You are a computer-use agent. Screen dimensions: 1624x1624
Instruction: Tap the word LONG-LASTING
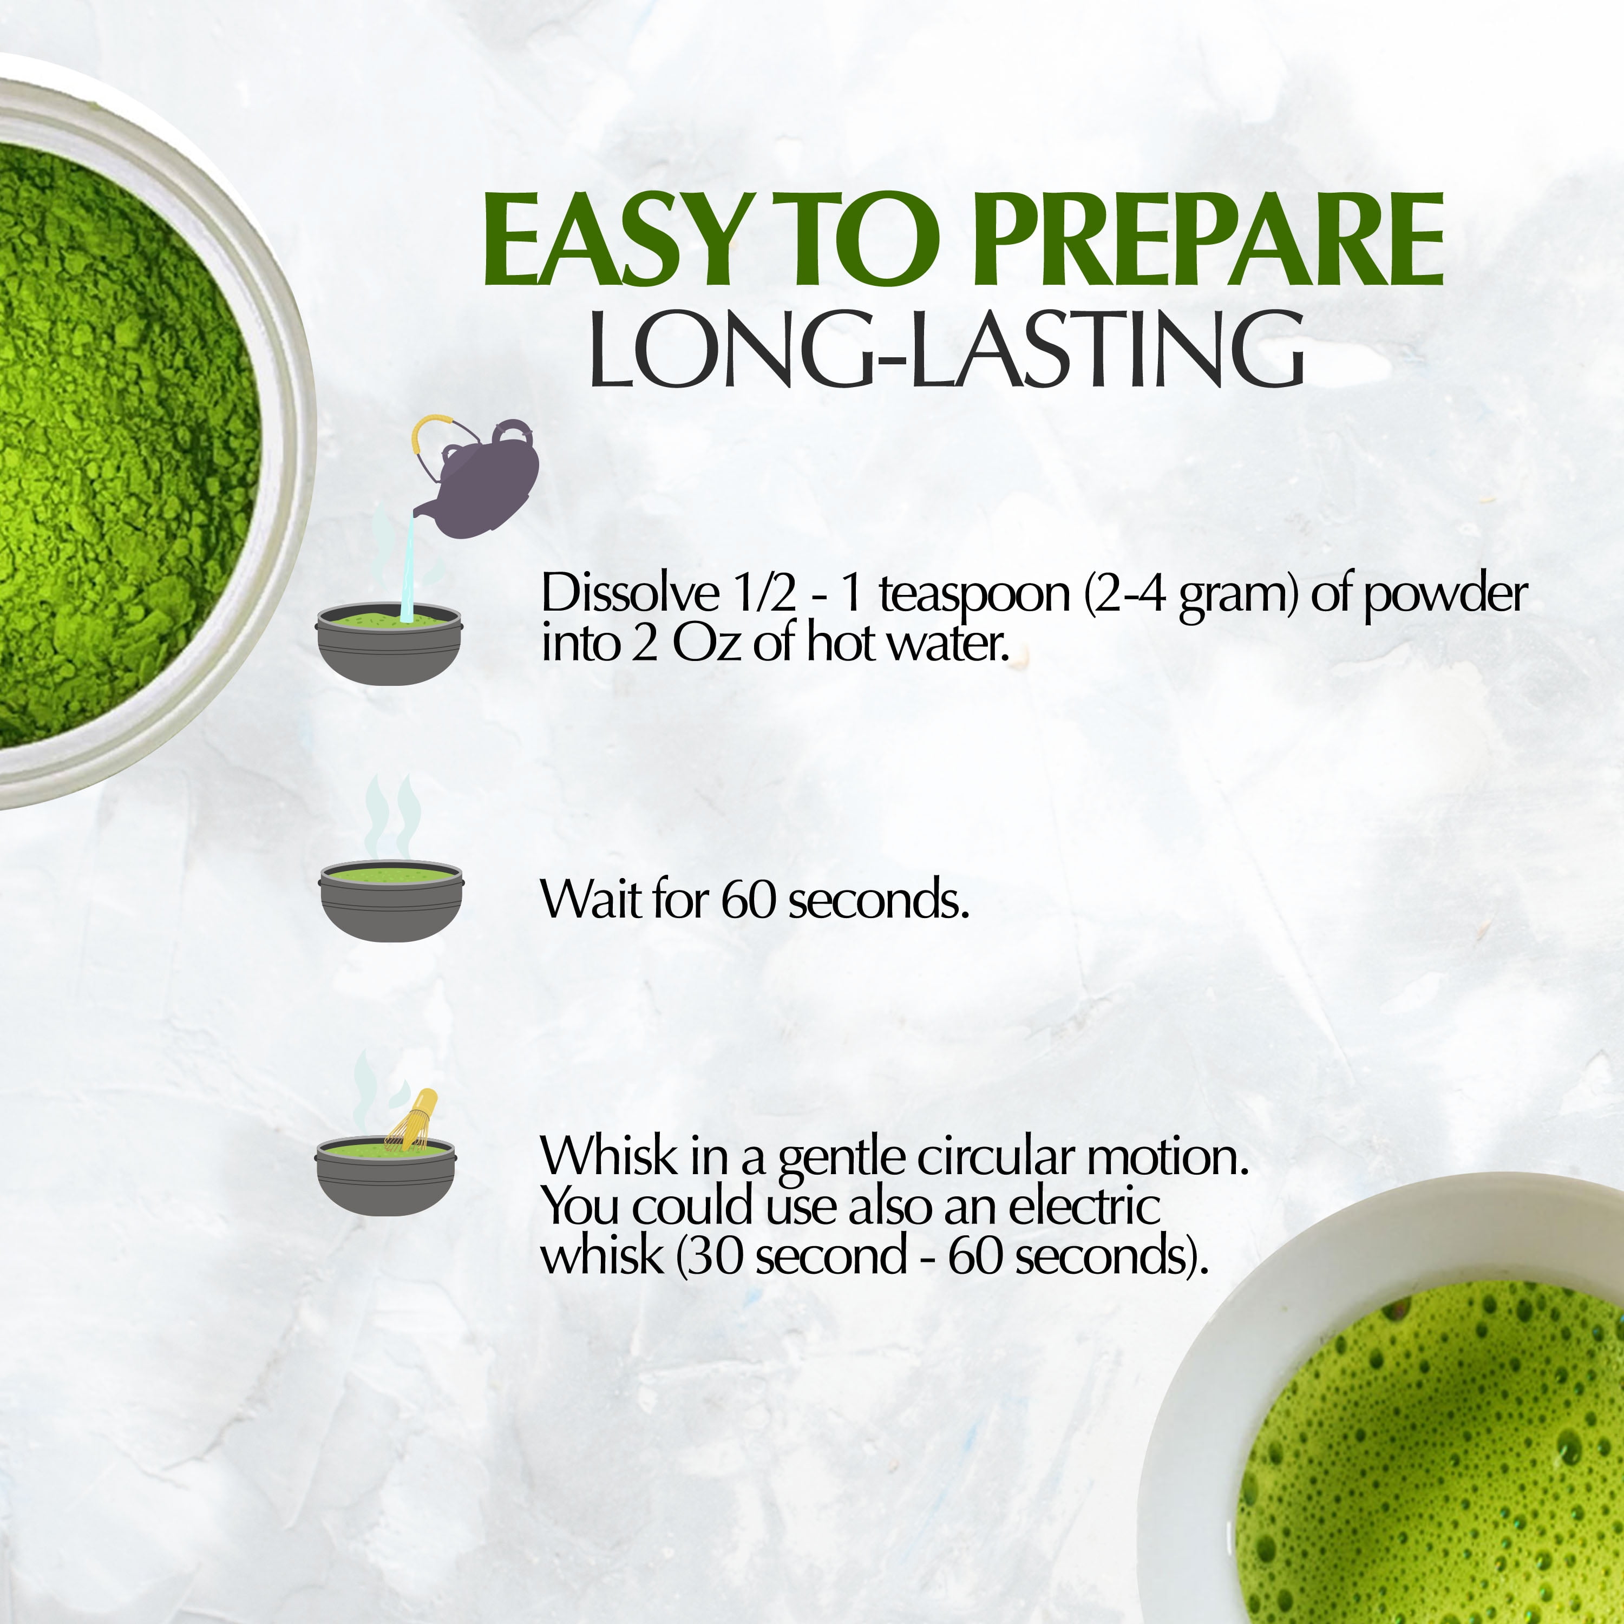(x=946, y=349)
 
